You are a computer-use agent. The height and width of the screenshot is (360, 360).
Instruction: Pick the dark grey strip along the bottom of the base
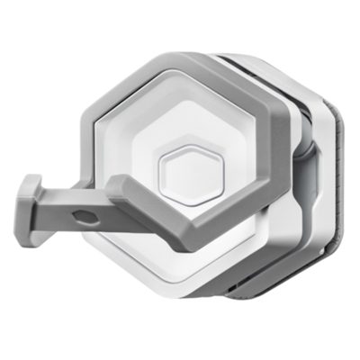click(270, 293)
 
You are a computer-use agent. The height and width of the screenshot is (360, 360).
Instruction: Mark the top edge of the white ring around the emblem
click(188, 117)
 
